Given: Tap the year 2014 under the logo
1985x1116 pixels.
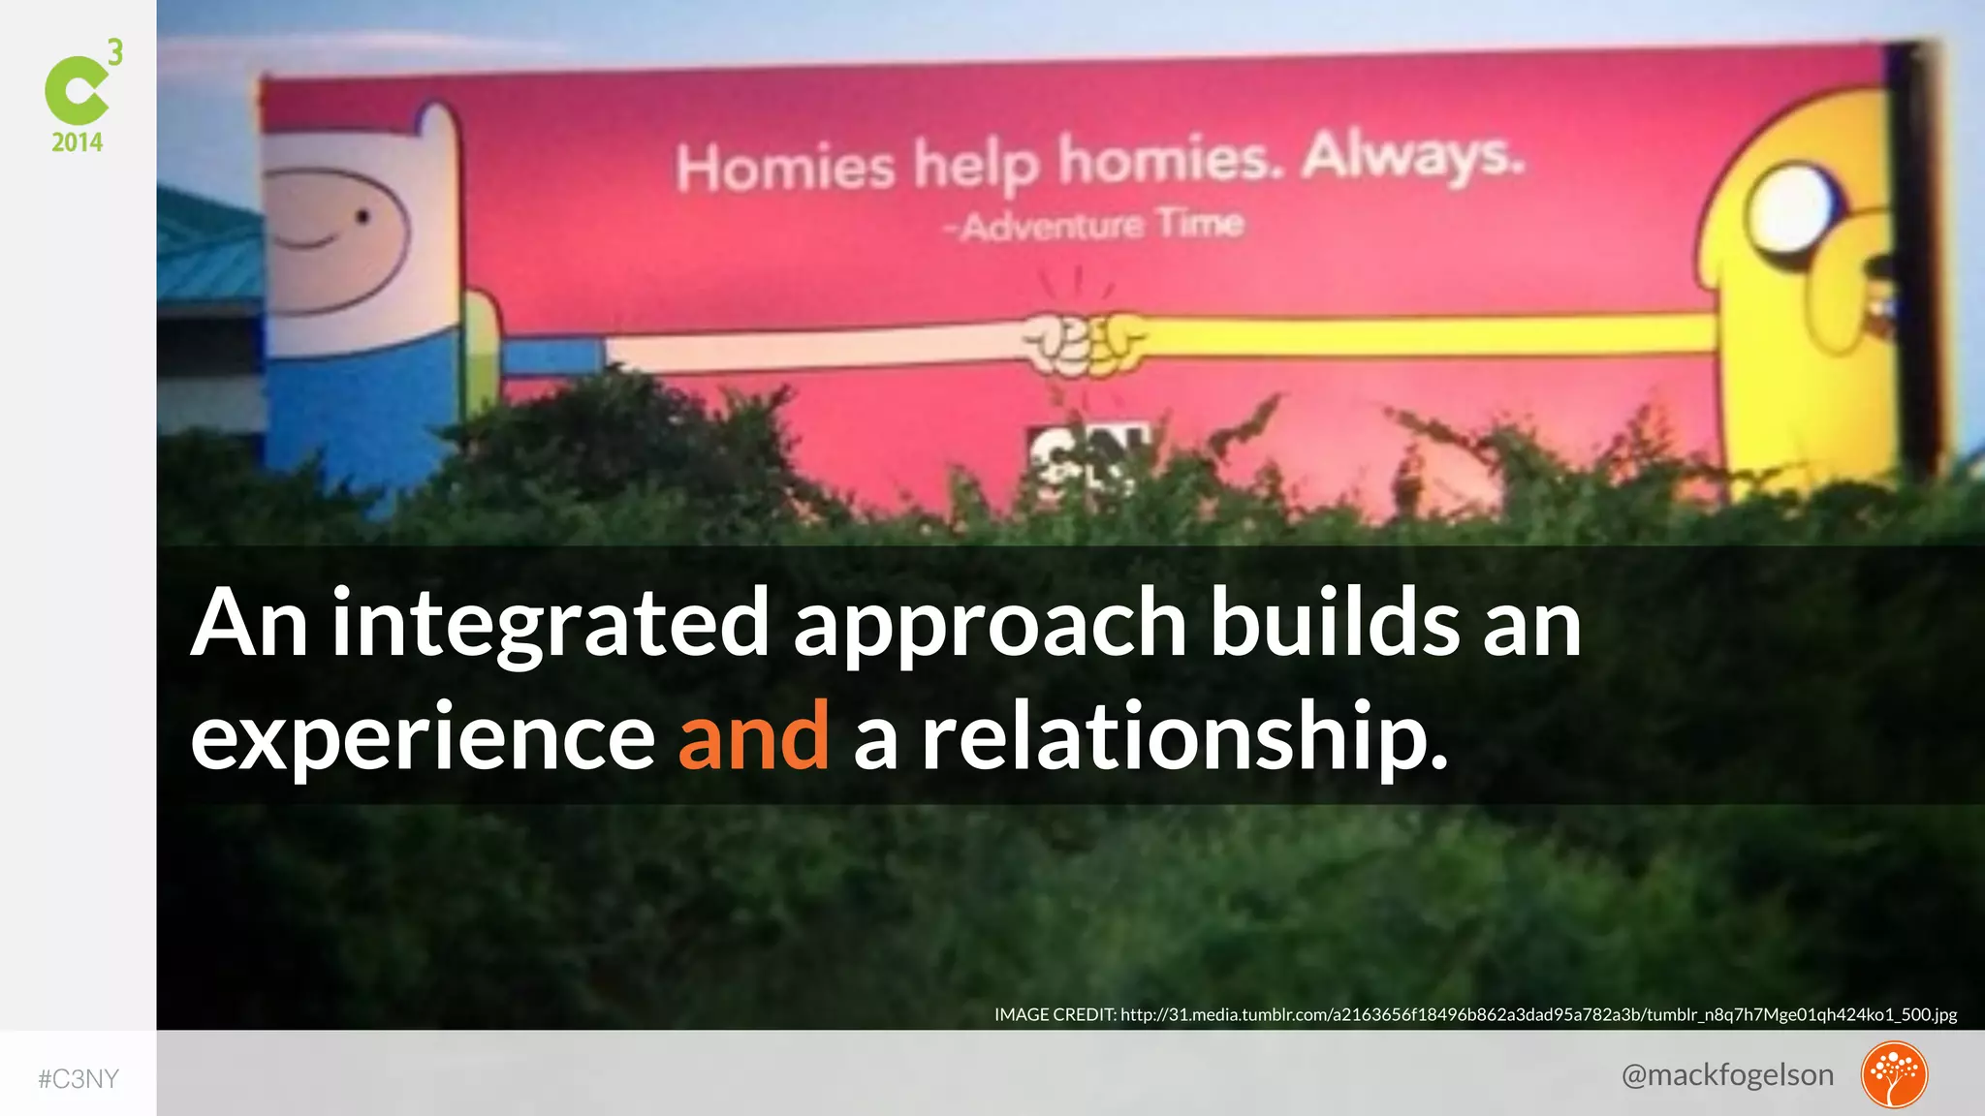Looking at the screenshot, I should point(78,142).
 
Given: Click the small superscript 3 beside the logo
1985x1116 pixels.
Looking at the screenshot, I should point(115,52).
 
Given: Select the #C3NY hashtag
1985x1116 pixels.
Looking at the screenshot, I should point(79,1079).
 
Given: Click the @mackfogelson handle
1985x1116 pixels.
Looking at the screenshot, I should point(1727,1074).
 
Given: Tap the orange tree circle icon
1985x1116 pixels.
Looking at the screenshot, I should point(1893,1074).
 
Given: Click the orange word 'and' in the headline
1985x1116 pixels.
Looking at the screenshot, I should point(753,737).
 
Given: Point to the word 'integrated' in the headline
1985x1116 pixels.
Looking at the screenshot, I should point(551,626).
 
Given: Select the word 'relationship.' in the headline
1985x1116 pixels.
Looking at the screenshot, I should point(1184,739).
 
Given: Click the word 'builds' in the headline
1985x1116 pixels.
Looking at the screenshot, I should point(1334,624).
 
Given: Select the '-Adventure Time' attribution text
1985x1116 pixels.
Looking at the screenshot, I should point(1093,226).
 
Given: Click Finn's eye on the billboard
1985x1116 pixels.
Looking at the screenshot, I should point(362,217).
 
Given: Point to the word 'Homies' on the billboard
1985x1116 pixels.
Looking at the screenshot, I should point(785,168).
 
